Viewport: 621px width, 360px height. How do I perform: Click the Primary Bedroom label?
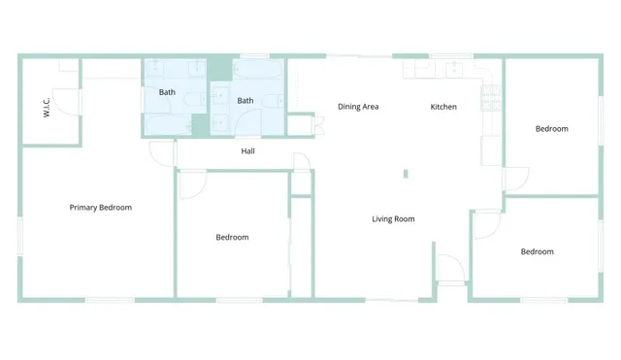[x=100, y=207]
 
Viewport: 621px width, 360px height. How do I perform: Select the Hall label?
[x=247, y=151]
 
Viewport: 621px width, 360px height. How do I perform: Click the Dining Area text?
[x=357, y=106]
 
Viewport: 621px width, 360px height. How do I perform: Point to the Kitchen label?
[x=443, y=106]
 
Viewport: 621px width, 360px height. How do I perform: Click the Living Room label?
[x=393, y=218]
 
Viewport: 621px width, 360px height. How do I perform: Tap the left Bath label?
[x=167, y=92]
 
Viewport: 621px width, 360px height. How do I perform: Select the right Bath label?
[x=245, y=100]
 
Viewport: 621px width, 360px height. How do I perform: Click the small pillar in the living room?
[x=406, y=174]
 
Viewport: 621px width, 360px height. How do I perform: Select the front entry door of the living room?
[x=449, y=269]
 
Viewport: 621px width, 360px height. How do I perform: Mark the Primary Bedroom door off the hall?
[x=161, y=154]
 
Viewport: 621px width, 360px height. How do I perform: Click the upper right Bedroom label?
[x=551, y=128]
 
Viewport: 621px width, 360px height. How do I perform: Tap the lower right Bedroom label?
[x=537, y=251]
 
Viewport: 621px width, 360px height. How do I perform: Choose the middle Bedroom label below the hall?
[x=232, y=237]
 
